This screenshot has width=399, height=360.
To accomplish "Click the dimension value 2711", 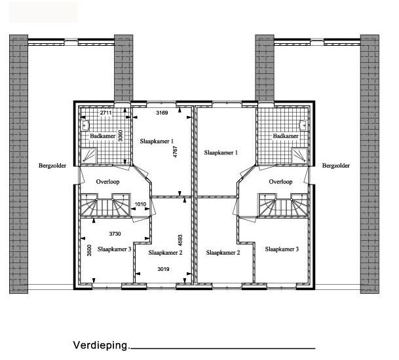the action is [105, 113].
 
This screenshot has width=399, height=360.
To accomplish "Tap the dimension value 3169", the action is [162, 113].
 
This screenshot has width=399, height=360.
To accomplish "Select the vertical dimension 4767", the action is [175, 151].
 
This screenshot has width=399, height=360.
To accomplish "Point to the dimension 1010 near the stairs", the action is [140, 204].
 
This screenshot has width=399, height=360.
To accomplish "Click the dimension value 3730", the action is [115, 234].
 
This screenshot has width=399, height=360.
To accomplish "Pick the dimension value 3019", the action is [163, 269].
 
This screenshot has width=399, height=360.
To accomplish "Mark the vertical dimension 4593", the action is [180, 240].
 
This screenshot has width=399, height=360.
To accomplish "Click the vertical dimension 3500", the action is [89, 250].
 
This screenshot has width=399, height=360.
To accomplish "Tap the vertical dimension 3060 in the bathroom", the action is [121, 135].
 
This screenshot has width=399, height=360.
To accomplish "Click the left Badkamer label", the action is [103, 135].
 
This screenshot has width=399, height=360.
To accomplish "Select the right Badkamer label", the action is [286, 135].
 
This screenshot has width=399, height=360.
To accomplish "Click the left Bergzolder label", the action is [52, 166].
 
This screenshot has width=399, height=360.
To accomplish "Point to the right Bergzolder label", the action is [336, 166].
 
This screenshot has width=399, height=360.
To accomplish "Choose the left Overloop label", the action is [107, 182].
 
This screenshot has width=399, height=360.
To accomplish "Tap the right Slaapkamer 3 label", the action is [282, 249].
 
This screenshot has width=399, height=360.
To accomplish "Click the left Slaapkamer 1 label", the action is [157, 141].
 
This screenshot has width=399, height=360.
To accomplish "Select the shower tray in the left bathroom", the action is [89, 156].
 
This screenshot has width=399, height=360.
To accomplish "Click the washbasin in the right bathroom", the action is [303, 125].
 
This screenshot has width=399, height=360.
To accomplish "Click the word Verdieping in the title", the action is [102, 346].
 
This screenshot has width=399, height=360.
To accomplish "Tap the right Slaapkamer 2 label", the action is [223, 253].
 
